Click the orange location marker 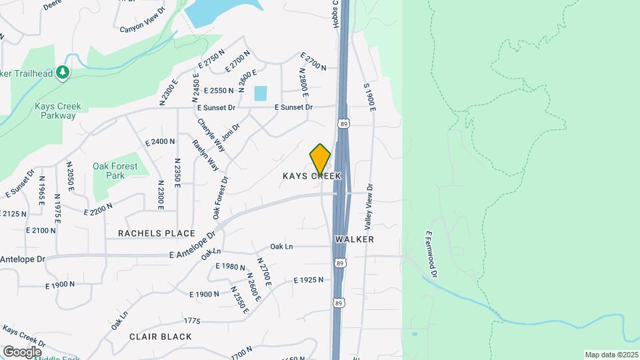[x=321, y=159]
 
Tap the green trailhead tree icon [x=63, y=71]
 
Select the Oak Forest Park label [x=115, y=171]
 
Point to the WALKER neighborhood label [x=354, y=239]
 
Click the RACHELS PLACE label [x=157, y=233]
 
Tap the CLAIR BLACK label [x=161, y=337]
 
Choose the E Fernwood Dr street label [x=431, y=254]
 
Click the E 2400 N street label [x=160, y=141]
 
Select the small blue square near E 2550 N [x=260, y=93]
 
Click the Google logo [x=22, y=351]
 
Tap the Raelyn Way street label [x=205, y=155]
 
